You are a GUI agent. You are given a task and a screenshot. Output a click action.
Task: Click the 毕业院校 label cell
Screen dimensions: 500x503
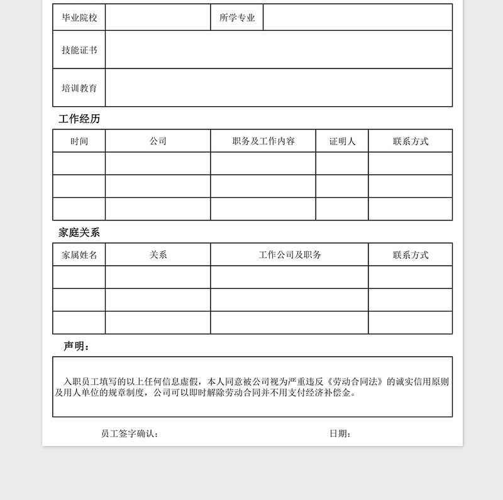point(79,18)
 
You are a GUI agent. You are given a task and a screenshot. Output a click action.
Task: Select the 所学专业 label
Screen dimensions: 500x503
point(237,18)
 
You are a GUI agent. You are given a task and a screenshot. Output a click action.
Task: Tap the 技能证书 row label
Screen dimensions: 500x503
point(79,50)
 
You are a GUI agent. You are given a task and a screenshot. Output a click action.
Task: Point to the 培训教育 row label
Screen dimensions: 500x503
point(79,88)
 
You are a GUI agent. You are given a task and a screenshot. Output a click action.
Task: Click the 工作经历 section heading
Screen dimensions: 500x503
point(79,119)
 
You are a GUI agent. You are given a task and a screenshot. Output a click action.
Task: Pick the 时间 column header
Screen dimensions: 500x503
point(79,141)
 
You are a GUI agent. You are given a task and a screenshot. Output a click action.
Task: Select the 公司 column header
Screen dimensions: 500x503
point(158,141)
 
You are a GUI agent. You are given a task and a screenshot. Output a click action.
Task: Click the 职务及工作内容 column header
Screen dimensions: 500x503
point(263,141)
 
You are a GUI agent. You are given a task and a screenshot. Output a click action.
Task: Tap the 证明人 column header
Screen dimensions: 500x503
point(342,141)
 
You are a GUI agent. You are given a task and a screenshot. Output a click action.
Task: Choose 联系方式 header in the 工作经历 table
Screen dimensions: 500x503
point(411,141)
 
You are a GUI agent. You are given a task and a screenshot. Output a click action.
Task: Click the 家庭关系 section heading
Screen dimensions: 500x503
point(79,232)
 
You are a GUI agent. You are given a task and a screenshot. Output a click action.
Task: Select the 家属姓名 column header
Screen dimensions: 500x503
point(79,255)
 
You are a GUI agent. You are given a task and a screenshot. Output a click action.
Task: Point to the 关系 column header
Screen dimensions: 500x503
point(158,255)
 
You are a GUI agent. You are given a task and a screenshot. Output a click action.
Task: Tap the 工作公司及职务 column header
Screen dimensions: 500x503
point(290,255)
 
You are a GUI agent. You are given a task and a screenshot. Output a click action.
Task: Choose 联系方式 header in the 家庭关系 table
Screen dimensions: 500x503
point(411,255)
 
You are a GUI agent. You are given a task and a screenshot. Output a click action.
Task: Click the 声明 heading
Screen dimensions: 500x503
point(77,346)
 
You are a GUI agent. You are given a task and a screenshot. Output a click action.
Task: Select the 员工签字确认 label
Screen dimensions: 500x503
point(130,433)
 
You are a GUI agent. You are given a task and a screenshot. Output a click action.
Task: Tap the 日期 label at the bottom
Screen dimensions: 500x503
point(340,433)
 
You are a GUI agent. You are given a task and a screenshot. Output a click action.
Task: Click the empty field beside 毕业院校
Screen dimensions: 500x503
point(158,18)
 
